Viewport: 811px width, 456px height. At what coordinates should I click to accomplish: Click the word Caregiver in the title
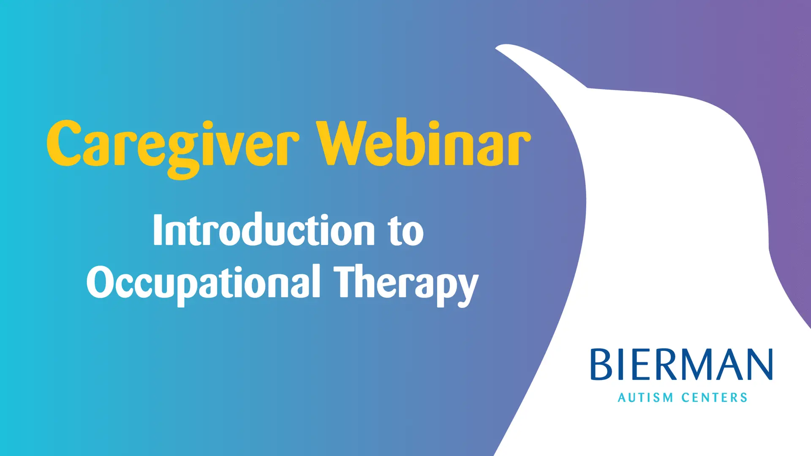pyautogui.click(x=173, y=148)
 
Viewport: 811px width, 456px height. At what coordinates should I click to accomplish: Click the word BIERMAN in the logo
pyautogui.click(x=681, y=364)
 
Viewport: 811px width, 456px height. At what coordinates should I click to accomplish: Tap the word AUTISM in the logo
pyautogui.click(x=645, y=398)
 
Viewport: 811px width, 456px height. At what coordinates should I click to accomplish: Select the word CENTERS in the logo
pyautogui.click(x=714, y=398)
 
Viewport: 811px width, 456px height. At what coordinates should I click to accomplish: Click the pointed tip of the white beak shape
pyautogui.click(x=496, y=48)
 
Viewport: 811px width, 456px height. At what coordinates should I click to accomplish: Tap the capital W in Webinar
pyautogui.click(x=344, y=143)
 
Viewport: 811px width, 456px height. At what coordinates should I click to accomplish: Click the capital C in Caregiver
pyautogui.click(x=64, y=143)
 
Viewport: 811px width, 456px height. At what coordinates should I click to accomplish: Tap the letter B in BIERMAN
pyautogui.click(x=601, y=364)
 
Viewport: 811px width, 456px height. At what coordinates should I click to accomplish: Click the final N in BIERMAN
pyautogui.click(x=759, y=364)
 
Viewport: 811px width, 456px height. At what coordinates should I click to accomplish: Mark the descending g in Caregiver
pyautogui.click(x=183, y=156)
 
